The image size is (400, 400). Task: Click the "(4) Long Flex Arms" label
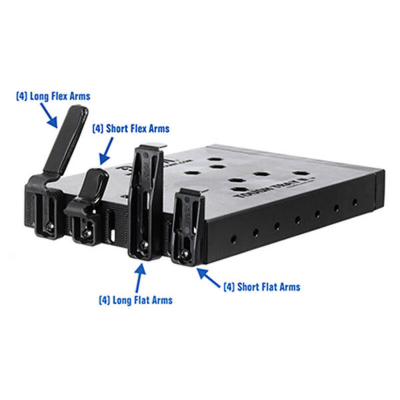pos(53,97)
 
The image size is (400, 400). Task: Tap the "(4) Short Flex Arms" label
pos(131,128)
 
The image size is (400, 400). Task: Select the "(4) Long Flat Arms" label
pos(135,300)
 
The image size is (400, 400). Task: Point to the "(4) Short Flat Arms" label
pos(261,287)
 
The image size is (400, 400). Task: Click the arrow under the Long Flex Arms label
pos(51,117)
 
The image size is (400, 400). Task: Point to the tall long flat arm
pos(145,200)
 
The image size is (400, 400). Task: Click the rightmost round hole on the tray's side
pos(354,202)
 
